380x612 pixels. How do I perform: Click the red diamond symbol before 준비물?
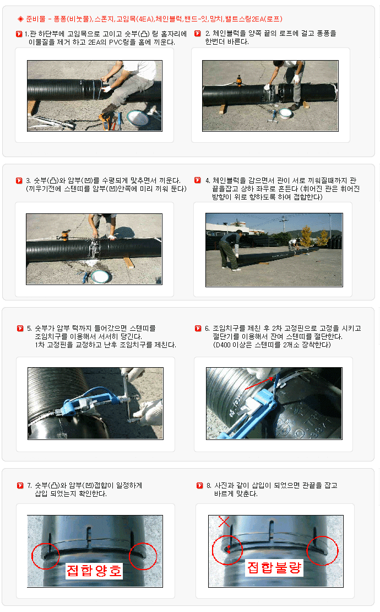tap(20, 19)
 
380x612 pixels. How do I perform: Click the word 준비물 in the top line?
tap(36, 19)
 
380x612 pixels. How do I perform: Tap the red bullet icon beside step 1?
tap(19, 34)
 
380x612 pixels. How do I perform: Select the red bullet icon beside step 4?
tap(198, 180)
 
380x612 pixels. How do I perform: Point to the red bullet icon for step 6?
tap(198, 328)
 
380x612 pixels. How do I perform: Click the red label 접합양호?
tap(94, 571)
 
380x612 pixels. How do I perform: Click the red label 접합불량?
tap(274, 567)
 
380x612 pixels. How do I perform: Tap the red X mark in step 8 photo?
tap(224, 522)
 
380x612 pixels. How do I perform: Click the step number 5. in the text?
tap(30, 328)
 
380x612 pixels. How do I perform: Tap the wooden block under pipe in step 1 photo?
tap(32, 107)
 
